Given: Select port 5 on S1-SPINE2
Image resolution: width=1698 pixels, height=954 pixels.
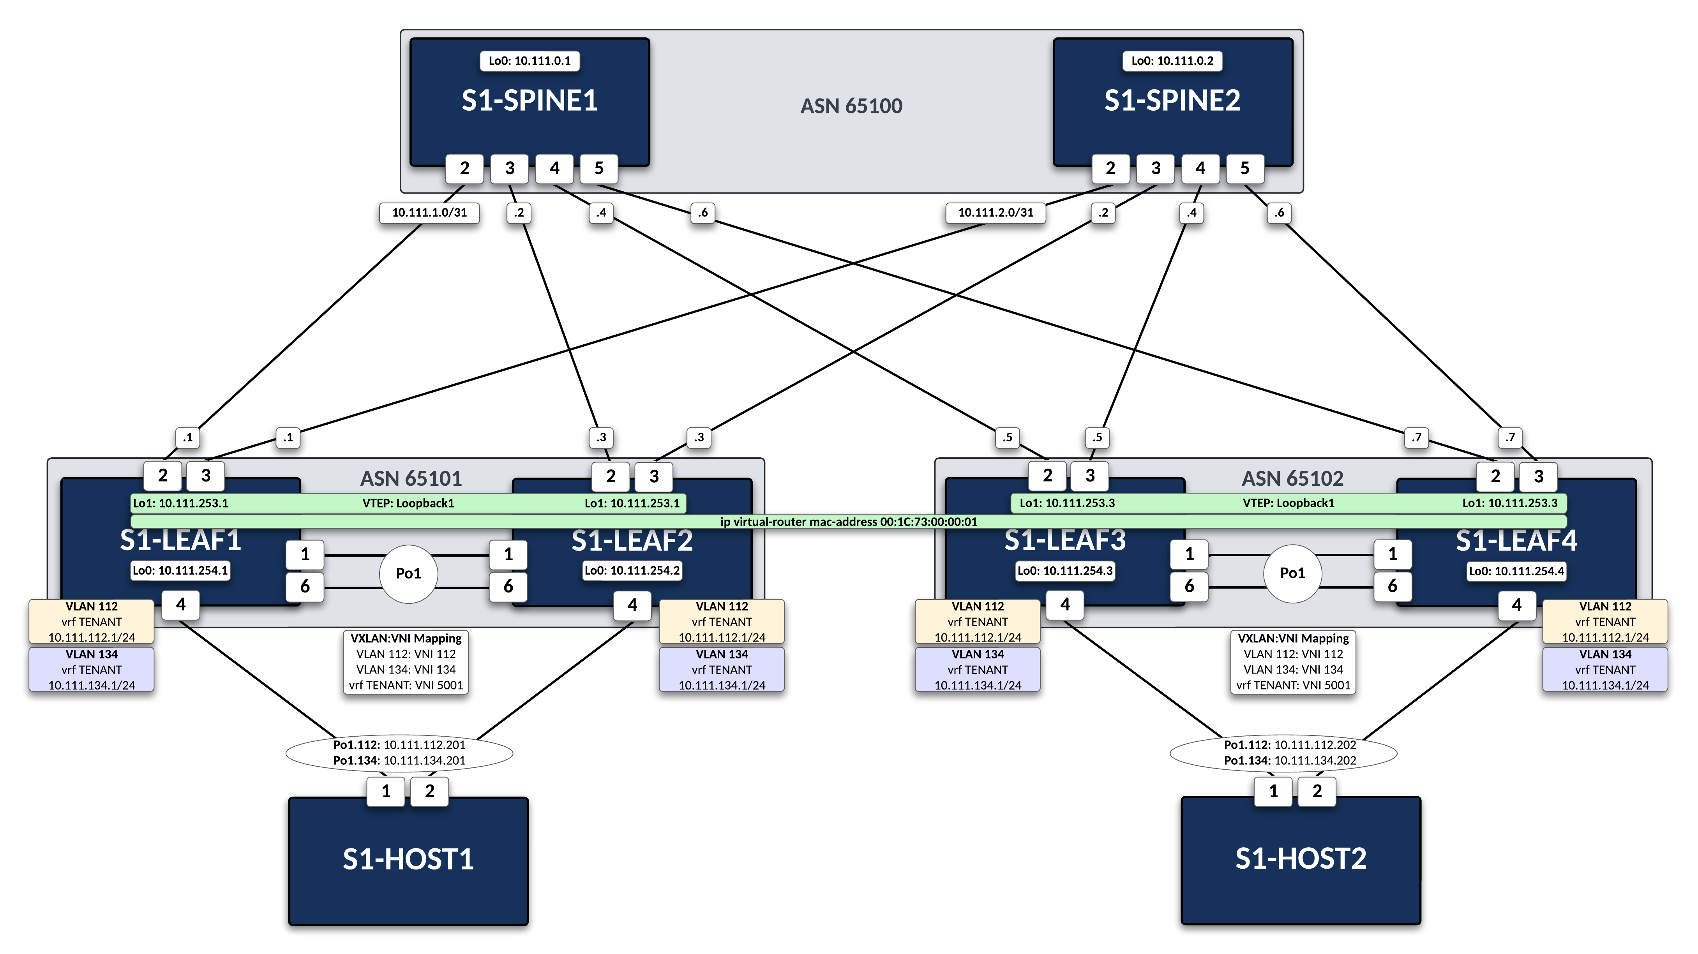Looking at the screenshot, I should coord(1244,169).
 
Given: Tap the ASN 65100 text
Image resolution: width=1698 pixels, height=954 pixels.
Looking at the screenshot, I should coord(851,106).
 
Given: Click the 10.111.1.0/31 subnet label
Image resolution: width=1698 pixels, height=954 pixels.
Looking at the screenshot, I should coord(429,213).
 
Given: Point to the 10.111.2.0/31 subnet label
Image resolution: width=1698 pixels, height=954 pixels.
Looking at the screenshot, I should coord(996,213).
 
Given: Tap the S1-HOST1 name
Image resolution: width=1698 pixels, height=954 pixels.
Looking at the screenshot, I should coord(408,859).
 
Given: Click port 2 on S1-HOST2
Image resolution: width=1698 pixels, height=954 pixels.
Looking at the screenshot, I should coord(1316,791).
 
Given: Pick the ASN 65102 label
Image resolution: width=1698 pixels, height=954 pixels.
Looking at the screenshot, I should coord(1292,478).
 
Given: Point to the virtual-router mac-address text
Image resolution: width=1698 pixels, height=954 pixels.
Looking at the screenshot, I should coord(848,522).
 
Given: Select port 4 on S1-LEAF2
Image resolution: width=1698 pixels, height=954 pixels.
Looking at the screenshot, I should coord(632,605).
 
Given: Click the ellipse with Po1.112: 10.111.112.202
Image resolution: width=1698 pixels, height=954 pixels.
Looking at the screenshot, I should coord(1283,752).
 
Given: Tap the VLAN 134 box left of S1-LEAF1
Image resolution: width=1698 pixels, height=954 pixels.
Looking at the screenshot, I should coord(92,669).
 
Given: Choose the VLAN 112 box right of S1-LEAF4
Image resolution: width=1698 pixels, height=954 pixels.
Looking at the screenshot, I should coord(1604,621).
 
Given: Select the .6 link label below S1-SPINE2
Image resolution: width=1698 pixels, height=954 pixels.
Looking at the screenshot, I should coord(1279,213).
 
